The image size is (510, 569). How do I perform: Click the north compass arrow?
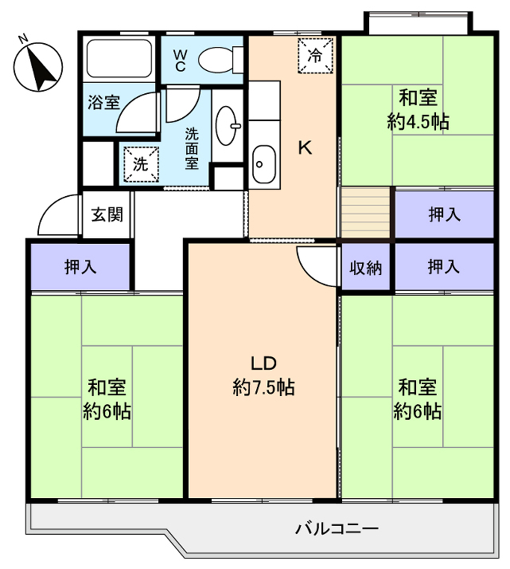click(x=39, y=65)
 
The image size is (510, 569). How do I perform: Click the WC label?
click(x=181, y=61)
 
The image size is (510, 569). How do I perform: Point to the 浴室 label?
click(x=103, y=102)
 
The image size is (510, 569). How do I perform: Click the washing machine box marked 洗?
click(x=140, y=165)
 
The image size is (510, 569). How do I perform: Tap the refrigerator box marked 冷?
click(x=315, y=55)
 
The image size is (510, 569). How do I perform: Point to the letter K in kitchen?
click(x=304, y=147)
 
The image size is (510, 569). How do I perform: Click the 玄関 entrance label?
click(x=107, y=214)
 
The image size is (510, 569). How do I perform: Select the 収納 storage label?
click(x=366, y=268)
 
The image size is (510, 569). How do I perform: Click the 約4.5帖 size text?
click(x=419, y=122)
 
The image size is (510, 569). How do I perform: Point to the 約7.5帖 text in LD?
click(x=263, y=388)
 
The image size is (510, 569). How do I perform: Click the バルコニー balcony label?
click(x=336, y=528)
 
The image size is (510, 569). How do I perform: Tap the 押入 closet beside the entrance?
click(x=80, y=267)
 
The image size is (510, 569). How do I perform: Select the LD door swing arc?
click(x=313, y=266)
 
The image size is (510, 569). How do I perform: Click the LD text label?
click(x=263, y=363)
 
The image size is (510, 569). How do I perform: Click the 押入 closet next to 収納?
click(x=444, y=267)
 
